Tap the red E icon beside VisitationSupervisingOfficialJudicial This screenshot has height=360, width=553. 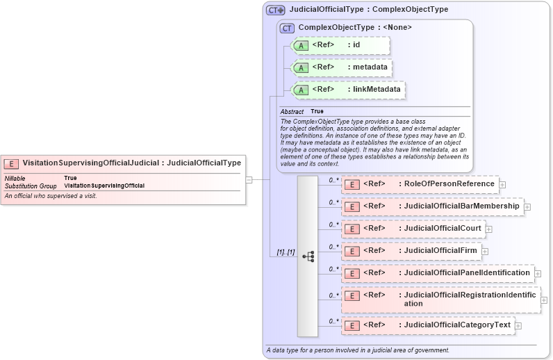tap(12, 163)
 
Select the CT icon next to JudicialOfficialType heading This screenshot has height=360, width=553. tap(276, 10)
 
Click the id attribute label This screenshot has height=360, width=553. tap(356, 45)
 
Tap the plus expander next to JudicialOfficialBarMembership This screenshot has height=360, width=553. tap(527, 206)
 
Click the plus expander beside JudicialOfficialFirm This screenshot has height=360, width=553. tap(485, 251)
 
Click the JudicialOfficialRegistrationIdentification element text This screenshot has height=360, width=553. tap(470, 299)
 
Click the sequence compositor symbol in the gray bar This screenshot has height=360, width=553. tap(308, 256)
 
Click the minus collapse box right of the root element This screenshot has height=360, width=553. tap(249, 179)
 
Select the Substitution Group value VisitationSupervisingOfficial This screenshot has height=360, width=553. tap(104, 186)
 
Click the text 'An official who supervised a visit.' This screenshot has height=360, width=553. tap(51, 196)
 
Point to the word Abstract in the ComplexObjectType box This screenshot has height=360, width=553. tap(292, 111)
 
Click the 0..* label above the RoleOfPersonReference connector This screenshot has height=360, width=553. tap(333, 179)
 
